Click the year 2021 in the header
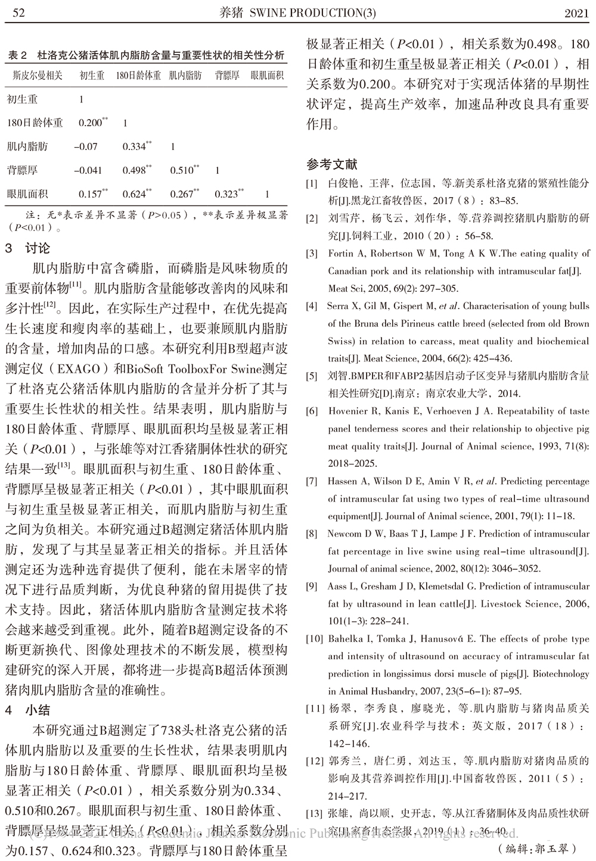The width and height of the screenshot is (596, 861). point(576,13)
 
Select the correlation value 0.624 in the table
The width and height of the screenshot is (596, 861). point(134,194)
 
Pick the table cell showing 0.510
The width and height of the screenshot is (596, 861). point(181,170)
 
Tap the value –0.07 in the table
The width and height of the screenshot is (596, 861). point(86,146)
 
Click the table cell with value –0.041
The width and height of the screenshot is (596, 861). point(88,170)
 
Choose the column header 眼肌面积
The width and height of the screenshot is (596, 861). point(267,76)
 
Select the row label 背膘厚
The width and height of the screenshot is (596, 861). point(22,170)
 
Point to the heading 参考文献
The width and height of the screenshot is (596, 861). point(332,165)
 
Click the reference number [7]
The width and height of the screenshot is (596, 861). point(311,481)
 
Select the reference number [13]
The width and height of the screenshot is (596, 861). point(313,813)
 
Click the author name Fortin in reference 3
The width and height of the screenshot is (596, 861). point(341,253)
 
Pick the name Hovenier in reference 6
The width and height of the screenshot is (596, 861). point(349,411)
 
